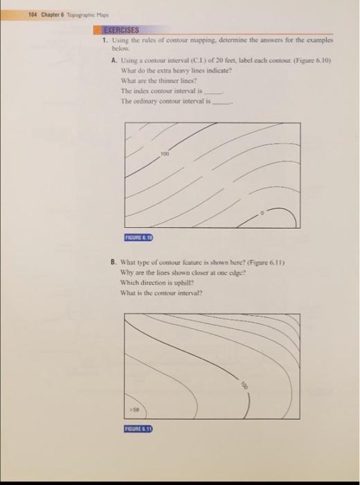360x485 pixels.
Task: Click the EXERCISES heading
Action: (121, 30)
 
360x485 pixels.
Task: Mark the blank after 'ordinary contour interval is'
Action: (222, 100)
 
